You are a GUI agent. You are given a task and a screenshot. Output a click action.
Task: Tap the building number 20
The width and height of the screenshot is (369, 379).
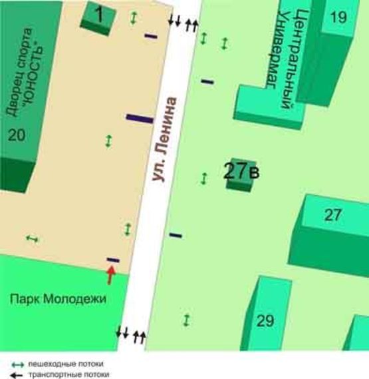17,136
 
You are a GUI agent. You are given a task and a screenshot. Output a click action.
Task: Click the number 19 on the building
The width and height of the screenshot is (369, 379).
338,17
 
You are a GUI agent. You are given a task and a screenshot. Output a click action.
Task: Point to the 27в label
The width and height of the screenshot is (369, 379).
241,171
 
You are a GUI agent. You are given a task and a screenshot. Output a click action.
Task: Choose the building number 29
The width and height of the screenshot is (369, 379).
265,321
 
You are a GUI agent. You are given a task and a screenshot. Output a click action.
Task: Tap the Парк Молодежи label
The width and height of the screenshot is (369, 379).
58,299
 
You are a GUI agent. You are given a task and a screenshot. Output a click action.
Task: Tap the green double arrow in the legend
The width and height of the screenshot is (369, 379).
19,364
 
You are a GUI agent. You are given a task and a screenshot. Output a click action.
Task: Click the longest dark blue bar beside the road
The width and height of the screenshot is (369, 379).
140,119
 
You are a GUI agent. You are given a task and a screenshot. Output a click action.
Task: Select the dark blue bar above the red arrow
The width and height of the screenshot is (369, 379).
113,260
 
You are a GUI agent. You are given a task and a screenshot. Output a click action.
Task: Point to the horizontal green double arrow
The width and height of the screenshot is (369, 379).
31,238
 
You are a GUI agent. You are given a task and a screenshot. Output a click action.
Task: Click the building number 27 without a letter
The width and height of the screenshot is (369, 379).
332,214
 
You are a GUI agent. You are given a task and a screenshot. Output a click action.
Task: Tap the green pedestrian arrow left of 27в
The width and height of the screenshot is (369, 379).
204,179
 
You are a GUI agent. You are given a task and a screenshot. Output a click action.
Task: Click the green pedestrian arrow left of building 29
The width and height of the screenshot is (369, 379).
187,320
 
